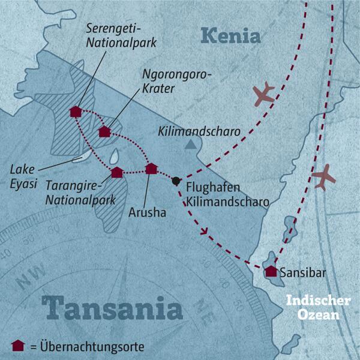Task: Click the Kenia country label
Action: (232, 37)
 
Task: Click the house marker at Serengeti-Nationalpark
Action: (75, 112)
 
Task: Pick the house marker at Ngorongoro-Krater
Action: (104, 131)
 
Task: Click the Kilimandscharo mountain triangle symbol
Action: (190, 145)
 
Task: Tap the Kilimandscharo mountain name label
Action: (197, 130)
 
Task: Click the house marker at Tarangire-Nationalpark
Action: (117, 172)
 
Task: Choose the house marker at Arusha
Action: (151, 169)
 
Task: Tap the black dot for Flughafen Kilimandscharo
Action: (176, 181)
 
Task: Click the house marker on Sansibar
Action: (271, 271)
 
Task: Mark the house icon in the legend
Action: (18, 345)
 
